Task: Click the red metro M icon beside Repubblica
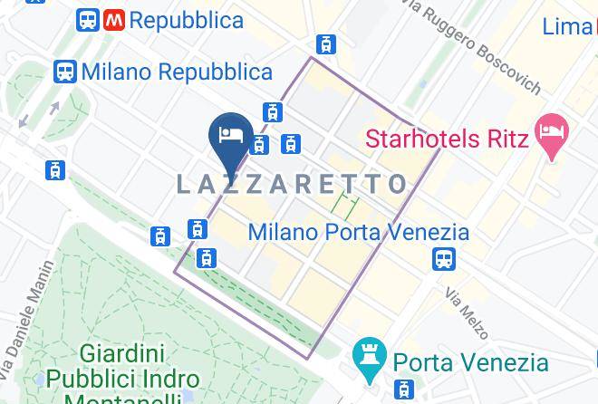point(114,19)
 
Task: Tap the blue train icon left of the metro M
point(87,19)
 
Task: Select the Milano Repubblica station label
point(177,71)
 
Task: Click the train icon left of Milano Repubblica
point(64,71)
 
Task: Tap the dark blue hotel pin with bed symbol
point(230,136)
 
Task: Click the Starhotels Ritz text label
point(447,139)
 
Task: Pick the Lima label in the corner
point(568,27)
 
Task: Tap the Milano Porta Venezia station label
point(359,233)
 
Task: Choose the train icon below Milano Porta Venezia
point(444,259)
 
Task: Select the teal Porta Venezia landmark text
point(470,363)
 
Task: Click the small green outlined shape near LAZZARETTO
point(344,205)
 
